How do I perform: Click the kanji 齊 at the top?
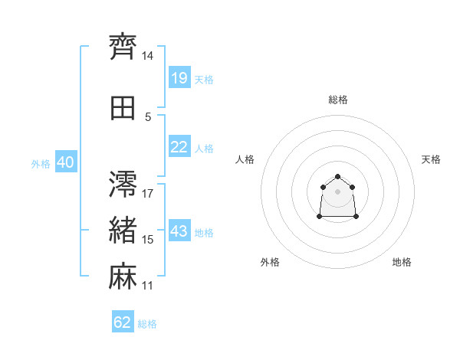coord(123,47)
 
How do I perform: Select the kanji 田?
coord(123,108)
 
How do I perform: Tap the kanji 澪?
coord(123,184)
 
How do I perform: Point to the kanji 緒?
coord(123,230)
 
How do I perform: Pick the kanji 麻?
coord(123,276)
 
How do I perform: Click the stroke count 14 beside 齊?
coord(147,56)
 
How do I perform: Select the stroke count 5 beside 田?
coord(148,117)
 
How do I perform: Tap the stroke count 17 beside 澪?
coord(147,194)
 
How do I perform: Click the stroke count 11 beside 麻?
coord(147,286)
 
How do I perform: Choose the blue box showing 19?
coord(179,77)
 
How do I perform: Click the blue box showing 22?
coord(179,146)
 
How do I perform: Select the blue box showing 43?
coord(179,230)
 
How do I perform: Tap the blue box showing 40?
coord(66,162)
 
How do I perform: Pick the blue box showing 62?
coord(123,321)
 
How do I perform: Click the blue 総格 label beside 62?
coord(147,324)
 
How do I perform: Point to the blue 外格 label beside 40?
coord(41,164)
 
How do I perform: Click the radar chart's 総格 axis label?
coord(338,100)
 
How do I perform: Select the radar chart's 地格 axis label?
coord(402,262)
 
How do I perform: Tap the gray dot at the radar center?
coord(337,191)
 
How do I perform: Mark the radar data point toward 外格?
coord(320,216)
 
